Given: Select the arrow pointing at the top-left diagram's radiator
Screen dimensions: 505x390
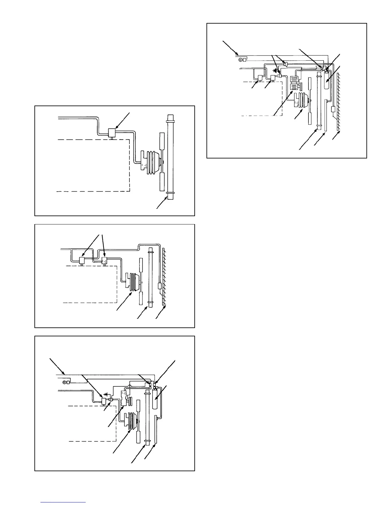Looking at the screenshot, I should click(x=162, y=203).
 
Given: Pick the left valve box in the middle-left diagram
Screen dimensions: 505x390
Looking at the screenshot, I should click(x=82, y=261).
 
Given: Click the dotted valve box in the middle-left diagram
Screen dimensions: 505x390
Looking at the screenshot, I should click(x=104, y=261).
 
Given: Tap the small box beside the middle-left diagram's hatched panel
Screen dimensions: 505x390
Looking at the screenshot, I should click(x=160, y=286).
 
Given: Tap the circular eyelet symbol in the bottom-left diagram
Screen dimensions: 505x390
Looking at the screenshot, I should click(x=64, y=382).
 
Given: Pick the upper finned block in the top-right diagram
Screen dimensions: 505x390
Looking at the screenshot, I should click(x=294, y=80).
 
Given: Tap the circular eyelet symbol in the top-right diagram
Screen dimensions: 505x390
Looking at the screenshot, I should click(x=240, y=59).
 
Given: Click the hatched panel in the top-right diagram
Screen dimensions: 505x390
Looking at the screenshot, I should click(x=339, y=102).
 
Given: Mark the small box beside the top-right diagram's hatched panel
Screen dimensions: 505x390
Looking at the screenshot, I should click(x=333, y=109).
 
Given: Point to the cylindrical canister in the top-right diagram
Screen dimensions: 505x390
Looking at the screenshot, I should click(x=326, y=80).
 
